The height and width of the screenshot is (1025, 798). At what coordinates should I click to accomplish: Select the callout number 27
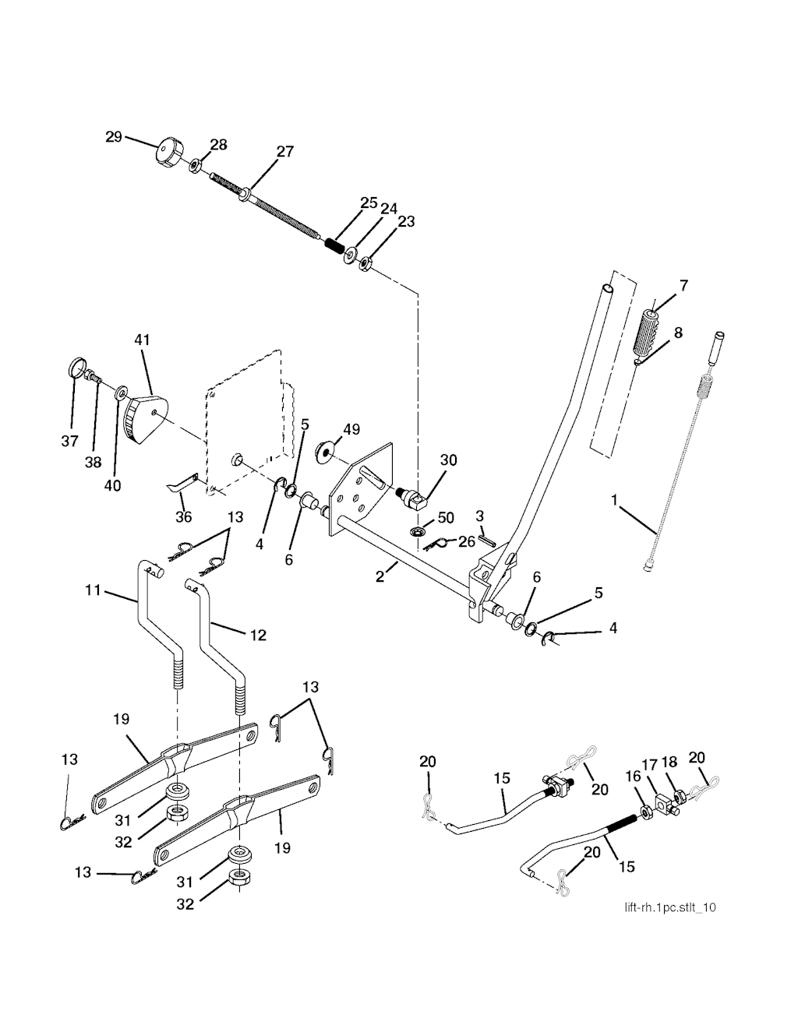[x=285, y=151]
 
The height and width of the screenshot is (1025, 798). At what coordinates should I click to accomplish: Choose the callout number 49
[x=351, y=429]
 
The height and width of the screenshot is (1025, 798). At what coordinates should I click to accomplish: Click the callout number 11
[x=94, y=591]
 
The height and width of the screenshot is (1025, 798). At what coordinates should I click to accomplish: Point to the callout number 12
[x=258, y=635]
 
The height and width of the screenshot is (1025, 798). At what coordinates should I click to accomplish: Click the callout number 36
[x=183, y=516]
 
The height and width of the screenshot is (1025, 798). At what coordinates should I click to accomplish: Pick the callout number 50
[x=446, y=518]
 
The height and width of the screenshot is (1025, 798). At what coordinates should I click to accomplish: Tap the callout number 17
[x=650, y=766]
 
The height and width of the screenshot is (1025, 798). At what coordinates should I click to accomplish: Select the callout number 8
[x=678, y=333]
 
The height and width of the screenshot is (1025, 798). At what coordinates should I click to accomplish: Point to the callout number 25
[x=369, y=204]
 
